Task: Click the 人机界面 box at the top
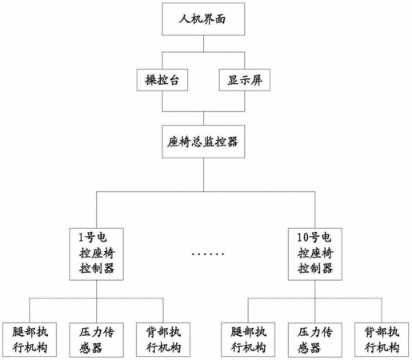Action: click(x=203, y=19)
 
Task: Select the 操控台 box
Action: click(x=162, y=80)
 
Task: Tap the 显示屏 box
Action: click(x=245, y=80)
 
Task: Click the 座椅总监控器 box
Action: click(x=203, y=142)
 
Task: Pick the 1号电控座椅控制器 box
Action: click(x=97, y=254)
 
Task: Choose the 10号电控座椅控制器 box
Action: click(x=315, y=254)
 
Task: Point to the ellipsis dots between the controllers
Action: click(x=208, y=254)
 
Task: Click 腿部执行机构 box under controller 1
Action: click(x=30, y=340)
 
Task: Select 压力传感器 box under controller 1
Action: click(x=97, y=340)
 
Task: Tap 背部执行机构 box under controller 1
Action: click(x=163, y=340)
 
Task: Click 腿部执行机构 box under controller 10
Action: click(x=248, y=340)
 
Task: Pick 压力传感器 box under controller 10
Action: click(x=315, y=340)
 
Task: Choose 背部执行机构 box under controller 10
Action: click(x=382, y=340)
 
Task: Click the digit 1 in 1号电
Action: click(x=81, y=238)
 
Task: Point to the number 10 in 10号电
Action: click(x=303, y=238)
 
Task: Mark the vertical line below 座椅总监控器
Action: click(x=203, y=174)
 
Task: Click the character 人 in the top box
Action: click(x=184, y=19)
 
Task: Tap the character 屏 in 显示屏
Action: click(x=256, y=80)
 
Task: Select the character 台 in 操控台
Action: click(x=174, y=80)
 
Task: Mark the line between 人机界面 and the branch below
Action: click(x=203, y=44)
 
